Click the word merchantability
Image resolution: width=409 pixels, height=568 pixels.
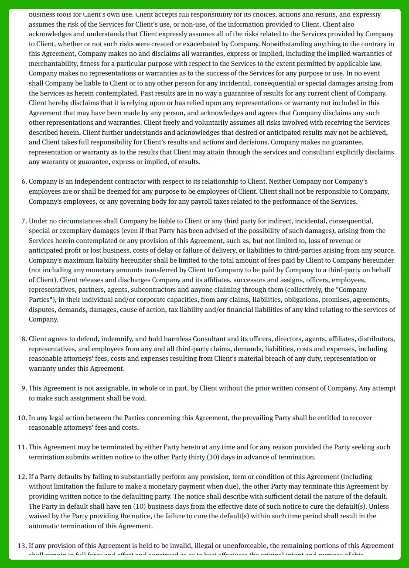(x=51, y=63)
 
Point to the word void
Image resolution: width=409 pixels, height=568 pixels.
(x=139, y=398)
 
